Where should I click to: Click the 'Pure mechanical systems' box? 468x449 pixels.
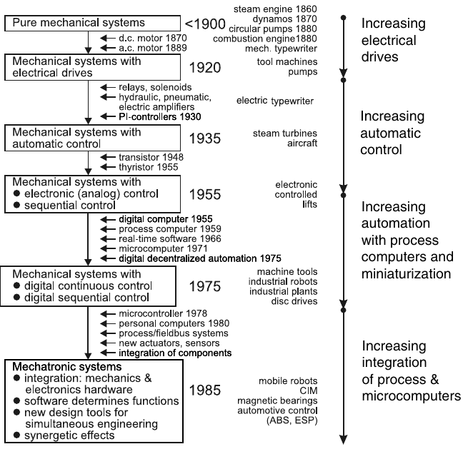click(92, 24)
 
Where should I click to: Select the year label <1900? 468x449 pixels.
click(205, 24)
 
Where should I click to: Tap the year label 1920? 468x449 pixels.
click(205, 67)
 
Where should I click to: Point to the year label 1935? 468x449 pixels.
click(205, 138)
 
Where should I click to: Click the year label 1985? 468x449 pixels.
click(205, 390)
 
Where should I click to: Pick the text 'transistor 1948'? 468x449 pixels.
click(151, 157)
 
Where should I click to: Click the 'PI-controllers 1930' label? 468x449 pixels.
click(159, 116)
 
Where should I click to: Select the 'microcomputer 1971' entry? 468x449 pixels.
click(163, 248)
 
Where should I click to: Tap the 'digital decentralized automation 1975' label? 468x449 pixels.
click(200, 258)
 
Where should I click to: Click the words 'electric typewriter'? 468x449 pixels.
click(275, 101)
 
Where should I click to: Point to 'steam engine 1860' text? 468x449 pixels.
click(275, 9)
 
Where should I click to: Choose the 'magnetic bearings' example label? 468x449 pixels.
click(277, 400)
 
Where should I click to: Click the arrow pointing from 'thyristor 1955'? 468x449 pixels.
click(108, 167)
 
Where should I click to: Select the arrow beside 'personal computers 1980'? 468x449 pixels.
click(108, 323)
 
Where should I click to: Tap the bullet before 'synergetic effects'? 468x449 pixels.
click(16, 435)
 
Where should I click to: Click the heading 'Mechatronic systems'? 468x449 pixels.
click(67, 366)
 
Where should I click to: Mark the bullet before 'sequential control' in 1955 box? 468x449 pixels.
click(16, 205)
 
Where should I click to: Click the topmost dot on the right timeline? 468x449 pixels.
click(344, 18)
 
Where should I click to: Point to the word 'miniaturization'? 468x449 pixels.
click(406, 273)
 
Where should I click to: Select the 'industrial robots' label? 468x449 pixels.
click(283, 281)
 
